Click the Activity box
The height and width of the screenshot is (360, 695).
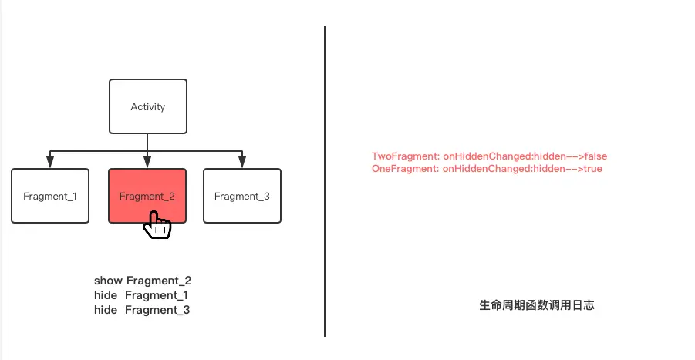147,106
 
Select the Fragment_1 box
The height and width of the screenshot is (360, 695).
50,196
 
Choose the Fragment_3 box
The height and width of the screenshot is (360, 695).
241,196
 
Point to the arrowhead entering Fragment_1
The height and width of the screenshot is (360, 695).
50,162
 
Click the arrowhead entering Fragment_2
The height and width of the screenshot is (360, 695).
147,162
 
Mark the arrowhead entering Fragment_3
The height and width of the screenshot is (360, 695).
241,162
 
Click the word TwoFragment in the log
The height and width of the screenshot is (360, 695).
396,156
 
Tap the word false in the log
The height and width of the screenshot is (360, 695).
595,156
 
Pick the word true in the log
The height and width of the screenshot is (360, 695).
592,168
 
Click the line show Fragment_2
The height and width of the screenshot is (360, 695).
143,281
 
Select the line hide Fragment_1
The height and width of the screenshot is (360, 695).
141,295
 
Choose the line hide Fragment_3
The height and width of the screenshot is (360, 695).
142,310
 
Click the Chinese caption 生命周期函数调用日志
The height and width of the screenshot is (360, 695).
536,305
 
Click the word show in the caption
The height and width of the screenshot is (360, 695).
108,281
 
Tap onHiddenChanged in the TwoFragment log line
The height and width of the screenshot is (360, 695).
477,156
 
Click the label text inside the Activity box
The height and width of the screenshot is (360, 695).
147,106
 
